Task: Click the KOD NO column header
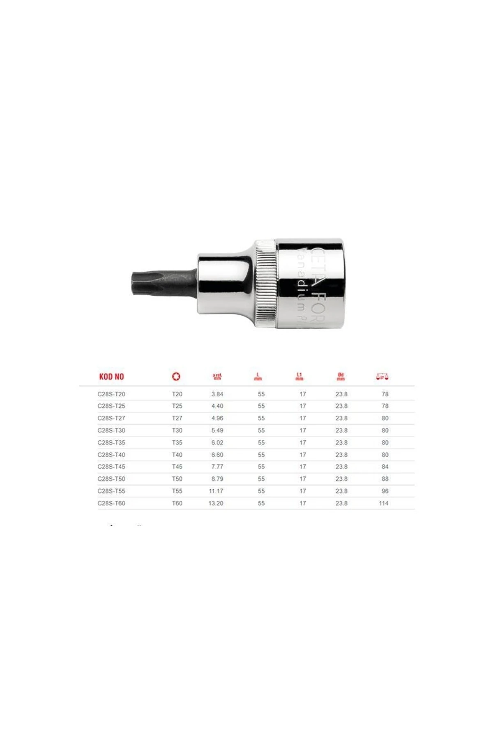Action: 111,377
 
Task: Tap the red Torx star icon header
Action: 176,376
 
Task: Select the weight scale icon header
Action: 382,376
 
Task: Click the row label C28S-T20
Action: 111,394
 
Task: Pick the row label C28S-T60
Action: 111,503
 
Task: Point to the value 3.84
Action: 217,394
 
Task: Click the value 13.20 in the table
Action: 216,503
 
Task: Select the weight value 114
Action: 384,503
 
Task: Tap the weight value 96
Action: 385,491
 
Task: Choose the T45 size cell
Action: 177,467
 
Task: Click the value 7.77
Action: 217,467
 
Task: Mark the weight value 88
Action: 385,479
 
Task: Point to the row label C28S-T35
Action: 111,443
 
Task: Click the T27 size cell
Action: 177,418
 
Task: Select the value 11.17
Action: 216,491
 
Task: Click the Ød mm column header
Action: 341,376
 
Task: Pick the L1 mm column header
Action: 299,376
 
